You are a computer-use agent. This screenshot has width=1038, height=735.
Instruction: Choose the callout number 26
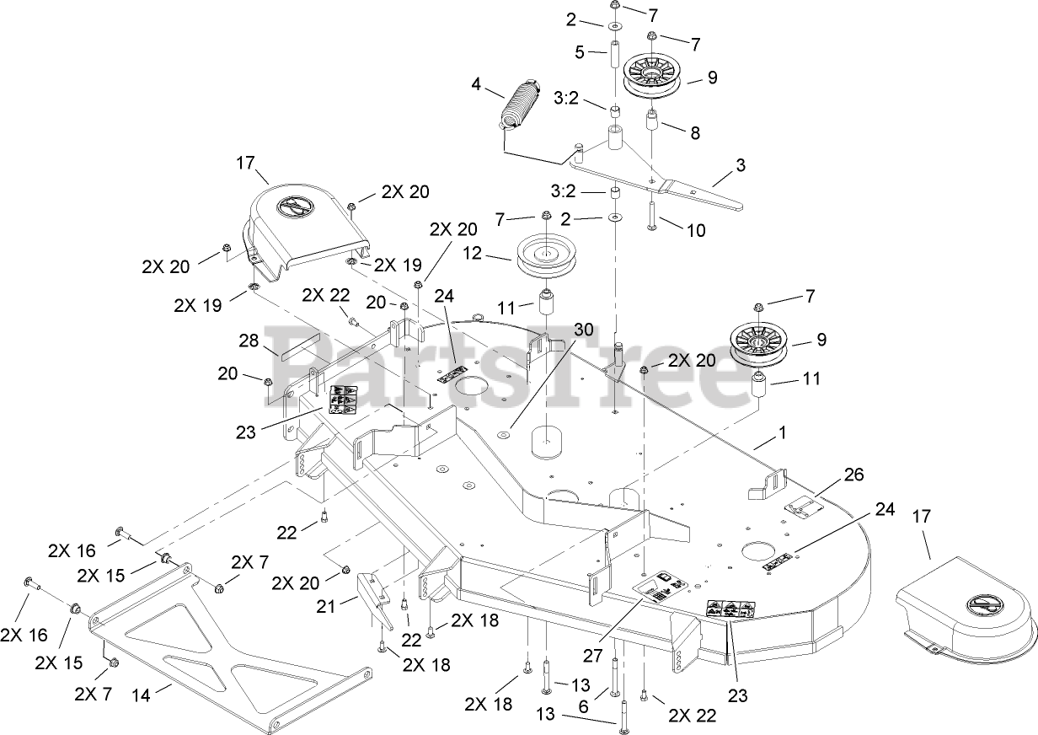tap(853, 475)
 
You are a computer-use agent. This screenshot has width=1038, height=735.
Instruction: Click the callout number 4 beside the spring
tap(476, 84)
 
